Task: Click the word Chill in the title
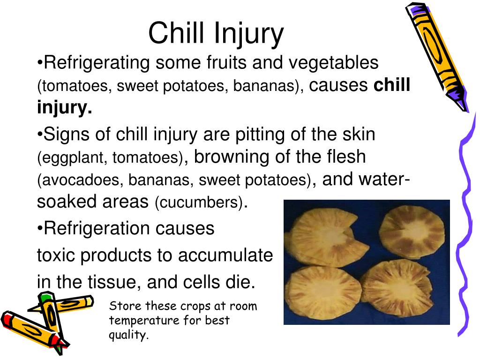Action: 176,33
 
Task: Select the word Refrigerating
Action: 97,63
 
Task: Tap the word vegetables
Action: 333,63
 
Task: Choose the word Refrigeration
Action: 97,229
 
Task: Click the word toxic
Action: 56,255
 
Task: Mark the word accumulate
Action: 225,255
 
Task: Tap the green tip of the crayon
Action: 45,297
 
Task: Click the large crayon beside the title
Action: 437,57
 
